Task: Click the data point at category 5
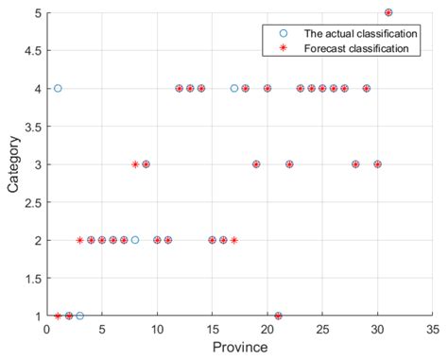tap(388, 12)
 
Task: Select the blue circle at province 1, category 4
tap(58, 88)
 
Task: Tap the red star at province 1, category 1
tap(58, 316)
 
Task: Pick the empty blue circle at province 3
tap(79, 316)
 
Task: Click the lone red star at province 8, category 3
tap(135, 163)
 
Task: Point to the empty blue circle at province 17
tap(234, 88)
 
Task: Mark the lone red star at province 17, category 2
tap(234, 240)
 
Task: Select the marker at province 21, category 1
tap(278, 316)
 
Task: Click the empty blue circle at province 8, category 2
tap(135, 240)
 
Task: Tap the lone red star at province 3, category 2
tap(79, 240)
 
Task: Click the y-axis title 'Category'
tap(13, 164)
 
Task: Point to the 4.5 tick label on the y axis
tap(30, 50)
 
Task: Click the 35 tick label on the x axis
tap(433, 330)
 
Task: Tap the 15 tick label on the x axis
tap(212, 330)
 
